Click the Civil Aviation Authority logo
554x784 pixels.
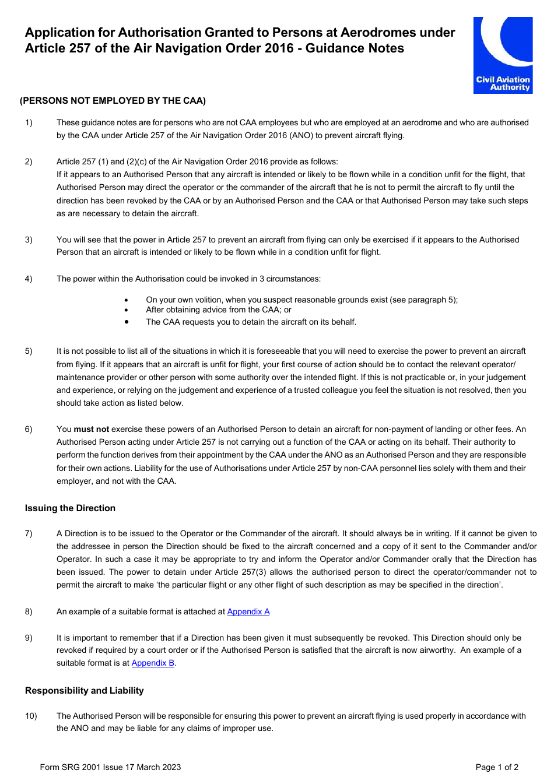click(x=503, y=55)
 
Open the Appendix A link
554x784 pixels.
click(x=248, y=611)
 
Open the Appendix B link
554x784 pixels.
click(x=153, y=663)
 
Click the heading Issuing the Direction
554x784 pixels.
click(x=70, y=508)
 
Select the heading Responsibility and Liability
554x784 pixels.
click(x=84, y=691)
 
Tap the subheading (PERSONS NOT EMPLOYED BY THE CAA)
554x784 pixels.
click(x=113, y=101)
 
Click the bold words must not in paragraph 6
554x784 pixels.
click(x=91, y=429)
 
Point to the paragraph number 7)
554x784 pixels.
click(x=29, y=533)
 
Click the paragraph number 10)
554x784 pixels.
click(x=30, y=716)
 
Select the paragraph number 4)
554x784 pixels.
click(x=29, y=279)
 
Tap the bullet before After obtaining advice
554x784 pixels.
click(x=126, y=310)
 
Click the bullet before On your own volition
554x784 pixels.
click(x=126, y=300)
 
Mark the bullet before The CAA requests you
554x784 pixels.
click(x=126, y=321)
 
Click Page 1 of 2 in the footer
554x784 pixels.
click(x=497, y=767)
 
